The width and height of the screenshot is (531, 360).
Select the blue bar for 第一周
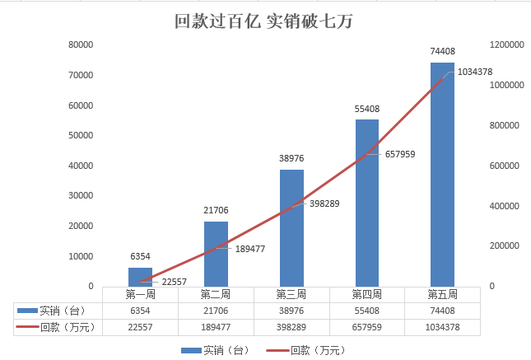click(x=140, y=276)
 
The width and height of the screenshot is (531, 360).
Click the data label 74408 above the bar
click(x=442, y=51)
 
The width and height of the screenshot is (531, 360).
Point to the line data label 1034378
click(x=474, y=72)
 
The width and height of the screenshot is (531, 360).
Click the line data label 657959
click(x=401, y=153)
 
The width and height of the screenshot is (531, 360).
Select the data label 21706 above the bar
click(x=216, y=211)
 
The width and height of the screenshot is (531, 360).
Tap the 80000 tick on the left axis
click(x=81, y=45)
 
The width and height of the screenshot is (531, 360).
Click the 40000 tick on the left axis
click(x=81, y=166)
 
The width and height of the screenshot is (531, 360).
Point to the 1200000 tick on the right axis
click(x=507, y=45)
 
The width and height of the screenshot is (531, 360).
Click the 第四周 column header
click(x=367, y=294)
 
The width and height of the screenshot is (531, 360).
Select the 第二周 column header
click(x=216, y=294)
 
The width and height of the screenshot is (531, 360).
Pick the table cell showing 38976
click(x=291, y=311)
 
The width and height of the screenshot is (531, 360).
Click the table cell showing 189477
click(x=216, y=327)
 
